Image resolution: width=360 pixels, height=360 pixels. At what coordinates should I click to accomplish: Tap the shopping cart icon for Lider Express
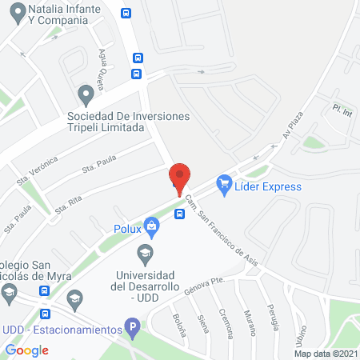click(224, 186)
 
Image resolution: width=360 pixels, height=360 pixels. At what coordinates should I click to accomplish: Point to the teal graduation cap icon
click(145, 256)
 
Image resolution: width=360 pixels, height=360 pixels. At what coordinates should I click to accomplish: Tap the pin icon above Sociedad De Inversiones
click(86, 96)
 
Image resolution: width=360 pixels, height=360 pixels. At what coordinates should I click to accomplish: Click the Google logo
click(27, 350)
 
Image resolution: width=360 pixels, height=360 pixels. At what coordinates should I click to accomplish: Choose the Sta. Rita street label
click(70, 205)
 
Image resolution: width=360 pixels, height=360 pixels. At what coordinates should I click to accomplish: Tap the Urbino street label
click(300, 335)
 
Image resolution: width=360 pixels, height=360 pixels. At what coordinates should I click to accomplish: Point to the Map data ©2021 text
click(325, 354)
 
